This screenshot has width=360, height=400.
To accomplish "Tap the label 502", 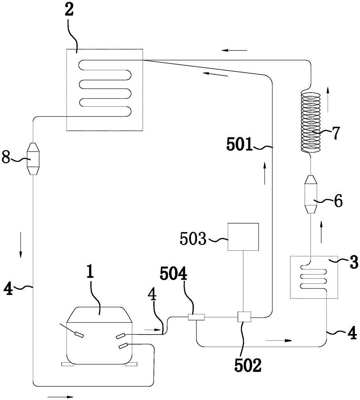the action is [x=248, y=366].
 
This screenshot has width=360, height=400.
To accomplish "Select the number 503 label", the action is [x=193, y=239].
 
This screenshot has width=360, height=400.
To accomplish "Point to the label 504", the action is [x=174, y=274].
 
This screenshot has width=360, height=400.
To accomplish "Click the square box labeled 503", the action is [x=243, y=237].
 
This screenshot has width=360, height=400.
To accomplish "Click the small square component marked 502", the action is [x=244, y=317].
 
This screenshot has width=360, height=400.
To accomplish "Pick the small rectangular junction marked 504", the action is [x=196, y=317].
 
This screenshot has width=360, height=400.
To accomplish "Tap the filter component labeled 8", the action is [x=34, y=159].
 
